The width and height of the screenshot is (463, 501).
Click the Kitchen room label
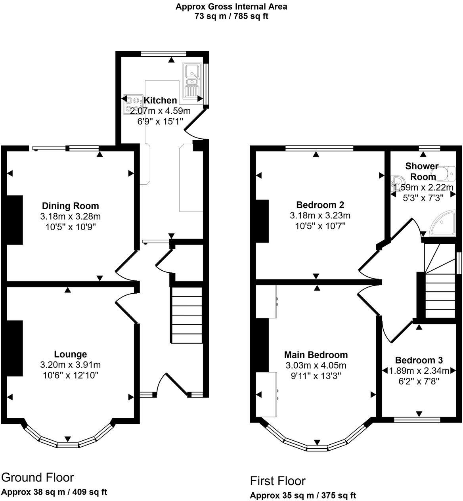160,100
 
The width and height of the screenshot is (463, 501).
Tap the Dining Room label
71,206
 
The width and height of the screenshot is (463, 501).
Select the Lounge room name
71,354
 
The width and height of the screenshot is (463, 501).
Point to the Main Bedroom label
316,355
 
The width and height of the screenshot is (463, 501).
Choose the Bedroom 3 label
419,360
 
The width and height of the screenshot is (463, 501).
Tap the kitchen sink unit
192,81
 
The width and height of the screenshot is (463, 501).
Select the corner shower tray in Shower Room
443,225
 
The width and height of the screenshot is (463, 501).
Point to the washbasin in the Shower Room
395,183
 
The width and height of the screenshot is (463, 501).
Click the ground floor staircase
187,315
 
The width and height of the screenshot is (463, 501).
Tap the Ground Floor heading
38,477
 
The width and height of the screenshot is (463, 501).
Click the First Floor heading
277,481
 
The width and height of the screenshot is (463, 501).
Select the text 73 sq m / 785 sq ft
231,16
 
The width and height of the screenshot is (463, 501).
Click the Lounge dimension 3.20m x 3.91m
71,365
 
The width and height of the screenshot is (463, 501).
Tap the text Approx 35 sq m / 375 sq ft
303,495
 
